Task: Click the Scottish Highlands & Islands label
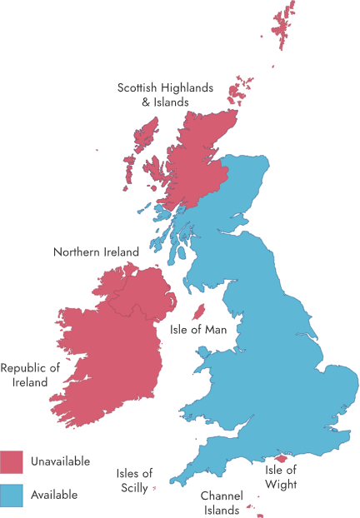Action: pos(165,94)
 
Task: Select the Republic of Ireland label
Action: pos(31,375)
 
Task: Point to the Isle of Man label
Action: pos(204,329)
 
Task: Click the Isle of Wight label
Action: pos(281,476)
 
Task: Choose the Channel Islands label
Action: pos(221,502)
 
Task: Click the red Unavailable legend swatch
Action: pos(12,461)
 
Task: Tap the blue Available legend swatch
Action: pos(12,495)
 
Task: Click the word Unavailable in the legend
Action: pos(60,461)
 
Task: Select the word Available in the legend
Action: pos(54,495)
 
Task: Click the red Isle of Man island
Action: pos(198,313)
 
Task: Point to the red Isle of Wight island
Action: pos(281,457)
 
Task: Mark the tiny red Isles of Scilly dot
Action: pos(155,488)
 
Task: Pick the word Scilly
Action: pos(133,488)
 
